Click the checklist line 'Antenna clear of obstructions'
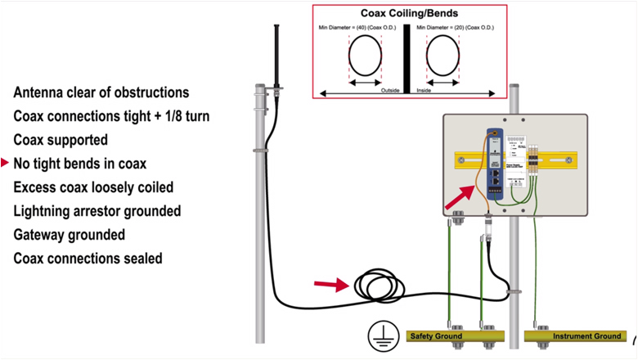[101, 92]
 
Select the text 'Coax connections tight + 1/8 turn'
[111, 116]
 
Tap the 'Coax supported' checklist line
[61, 140]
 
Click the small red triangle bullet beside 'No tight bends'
[6, 164]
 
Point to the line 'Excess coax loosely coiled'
[93, 187]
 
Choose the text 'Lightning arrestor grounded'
[97, 211]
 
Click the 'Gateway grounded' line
[70, 235]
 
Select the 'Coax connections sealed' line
[88, 259]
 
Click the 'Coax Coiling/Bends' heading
[410, 14]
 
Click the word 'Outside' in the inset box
[390, 90]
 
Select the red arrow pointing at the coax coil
[330, 285]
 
